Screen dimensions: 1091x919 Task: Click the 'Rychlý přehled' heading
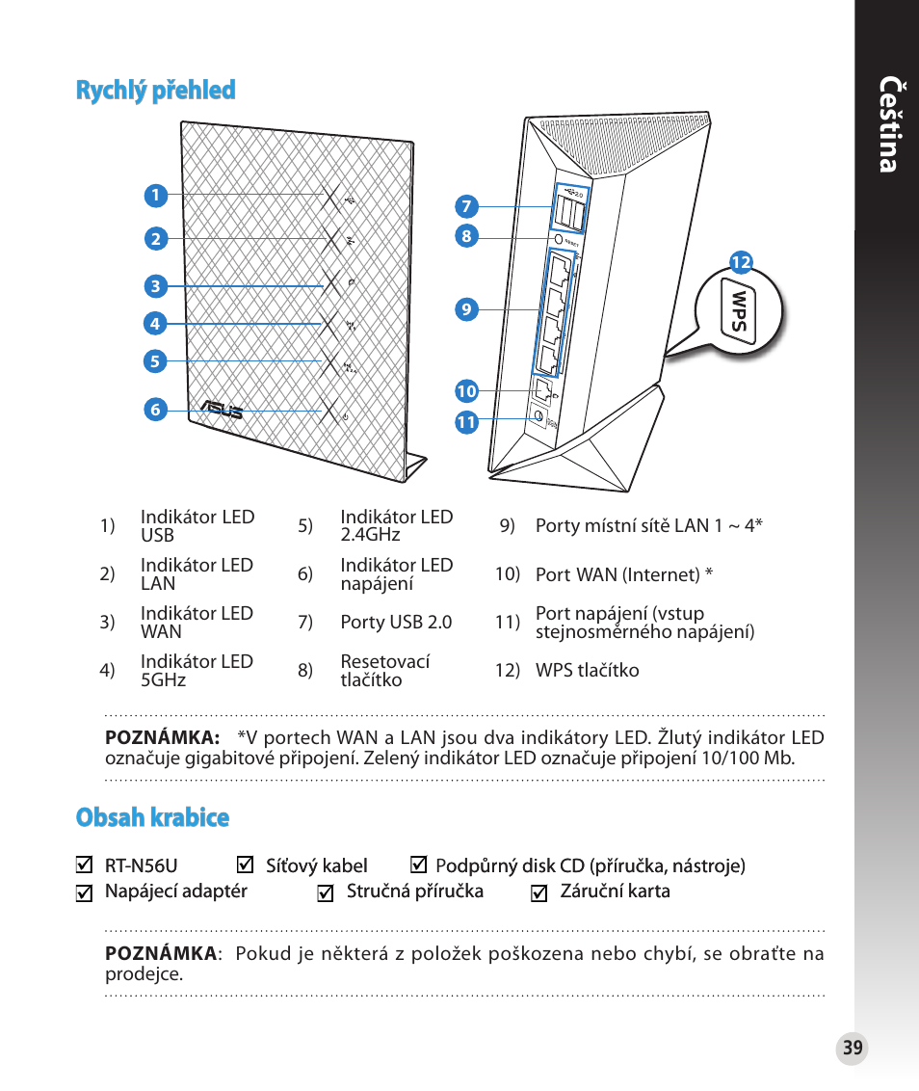pyautogui.click(x=155, y=91)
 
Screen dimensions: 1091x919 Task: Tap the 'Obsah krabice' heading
pyautogui.click(x=152, y=817)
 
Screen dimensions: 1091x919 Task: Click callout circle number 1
pyautogui.click(x=154, y=196)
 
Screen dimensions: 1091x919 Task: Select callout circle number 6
pyautogui.click(x=154, y=410)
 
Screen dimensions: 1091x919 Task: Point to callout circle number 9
pyautogui.click(x=466, y=309)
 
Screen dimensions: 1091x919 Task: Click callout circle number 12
pyautogui.click(x=740, y=262)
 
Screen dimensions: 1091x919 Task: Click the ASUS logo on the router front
pyautogui.click(x=221, y=411)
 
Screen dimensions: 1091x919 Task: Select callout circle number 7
pyautogui.click(x=466, y=206)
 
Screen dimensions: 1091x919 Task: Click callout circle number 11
pyautogui.click(x=466, y=422)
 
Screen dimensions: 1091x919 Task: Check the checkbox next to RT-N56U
pyautogui.click(x=84, y=865)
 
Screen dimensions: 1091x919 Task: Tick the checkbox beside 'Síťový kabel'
pyautogui.click(x=245, y=865)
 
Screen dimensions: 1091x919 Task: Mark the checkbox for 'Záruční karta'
pyautogui.click(x=539, y=893)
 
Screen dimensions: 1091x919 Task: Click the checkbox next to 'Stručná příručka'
pyautogui.click(x=326, y=893)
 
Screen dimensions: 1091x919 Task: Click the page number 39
pyautogui.click(x=852, y=1049)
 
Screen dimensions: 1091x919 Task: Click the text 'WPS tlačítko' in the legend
pyautogui.click(x=587, y=671)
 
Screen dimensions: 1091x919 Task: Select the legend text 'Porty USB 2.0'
pyautogui.click(x=396, y=623)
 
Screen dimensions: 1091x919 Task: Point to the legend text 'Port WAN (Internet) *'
pyautogui.click(x=624, y=575)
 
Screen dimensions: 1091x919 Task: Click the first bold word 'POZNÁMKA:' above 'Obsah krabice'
pyautogui.click(x=162, y=738)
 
